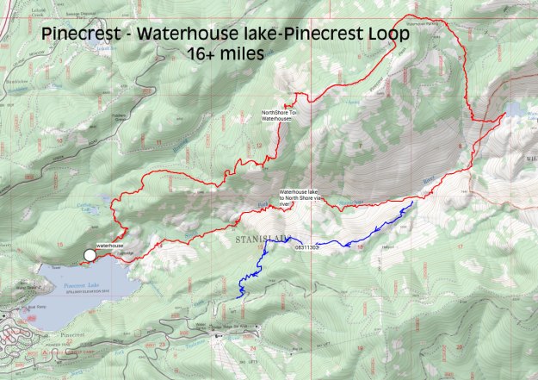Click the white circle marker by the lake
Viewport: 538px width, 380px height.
point(90,254)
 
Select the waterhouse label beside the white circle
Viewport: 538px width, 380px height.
point(110,246)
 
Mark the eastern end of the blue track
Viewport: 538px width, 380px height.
point(412,202)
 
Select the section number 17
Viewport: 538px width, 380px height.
point(460,247)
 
